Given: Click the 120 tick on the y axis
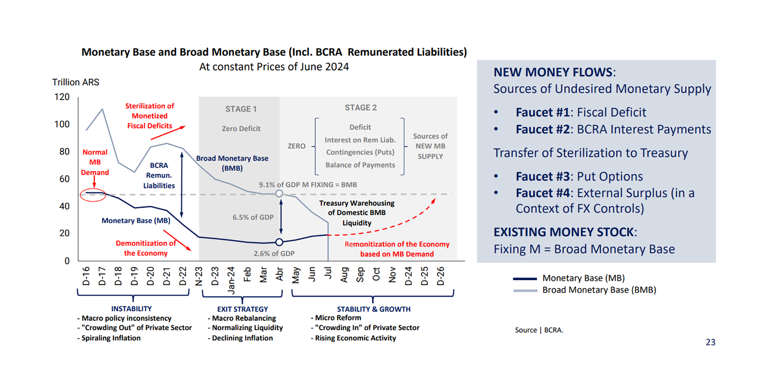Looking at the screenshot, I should (x=62, y=97).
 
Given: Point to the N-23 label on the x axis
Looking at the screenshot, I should (x=199, y=276).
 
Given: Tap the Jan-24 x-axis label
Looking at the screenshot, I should (x=231, y=280).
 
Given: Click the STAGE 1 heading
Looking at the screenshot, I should (x=241, y=109).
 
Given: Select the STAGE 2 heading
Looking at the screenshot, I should (x=361, y=108).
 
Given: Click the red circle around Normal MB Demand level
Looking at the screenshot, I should (x=93, y=195).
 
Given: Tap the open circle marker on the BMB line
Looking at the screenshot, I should (x=279, y=194).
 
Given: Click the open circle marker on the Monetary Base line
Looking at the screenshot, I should (x=279, y=242).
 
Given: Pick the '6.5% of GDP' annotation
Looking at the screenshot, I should (x=253, y=217).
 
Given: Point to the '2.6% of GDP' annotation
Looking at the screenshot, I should (x=274, y=253).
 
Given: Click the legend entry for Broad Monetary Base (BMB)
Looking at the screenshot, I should (x=599, y=290).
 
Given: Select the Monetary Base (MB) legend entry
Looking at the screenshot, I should (x=583, y=278).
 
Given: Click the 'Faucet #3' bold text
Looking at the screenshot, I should (x=542, y=176).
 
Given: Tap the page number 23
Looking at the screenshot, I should (x=710, y=342).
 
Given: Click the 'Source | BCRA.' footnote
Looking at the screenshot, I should (x=539, y=330).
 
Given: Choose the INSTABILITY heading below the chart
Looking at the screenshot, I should (x=131, y=309).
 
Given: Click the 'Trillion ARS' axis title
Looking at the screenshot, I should (x=75, y=82).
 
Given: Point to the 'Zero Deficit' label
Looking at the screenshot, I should (x=241, y=129).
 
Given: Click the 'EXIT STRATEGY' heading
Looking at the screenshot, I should (x=243, y=309).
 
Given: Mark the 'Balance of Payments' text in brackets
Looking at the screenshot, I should (x=360, y=165).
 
